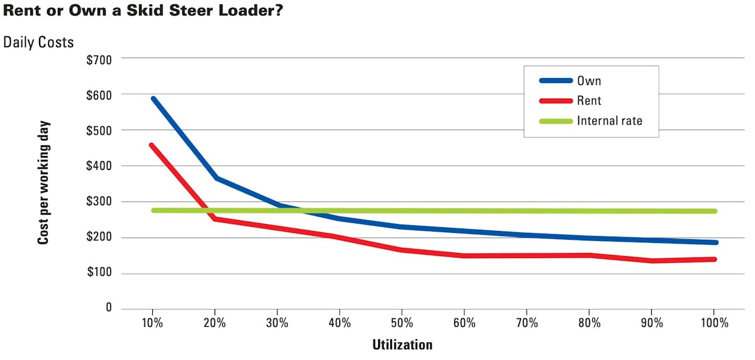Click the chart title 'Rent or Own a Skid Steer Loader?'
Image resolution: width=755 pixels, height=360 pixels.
click(142, 11)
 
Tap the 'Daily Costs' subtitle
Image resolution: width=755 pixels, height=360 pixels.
click(38, 42)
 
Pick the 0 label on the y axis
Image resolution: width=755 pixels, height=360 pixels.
click(108, 308)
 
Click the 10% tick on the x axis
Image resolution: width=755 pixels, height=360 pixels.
click(152, 323)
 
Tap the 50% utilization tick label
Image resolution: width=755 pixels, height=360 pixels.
click(402, 323)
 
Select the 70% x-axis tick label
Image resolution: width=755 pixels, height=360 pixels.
click(527, 323)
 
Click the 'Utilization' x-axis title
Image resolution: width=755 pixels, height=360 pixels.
click(402, 344)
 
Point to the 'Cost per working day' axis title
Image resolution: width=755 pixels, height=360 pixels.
click(43, 183)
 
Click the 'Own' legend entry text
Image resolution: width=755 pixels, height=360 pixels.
click(589, 81)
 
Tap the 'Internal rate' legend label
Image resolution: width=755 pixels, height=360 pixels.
click(609, 120)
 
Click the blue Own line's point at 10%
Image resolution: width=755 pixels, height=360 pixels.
click(153, 99)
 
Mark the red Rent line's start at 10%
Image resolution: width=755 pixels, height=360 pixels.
click(152, 145)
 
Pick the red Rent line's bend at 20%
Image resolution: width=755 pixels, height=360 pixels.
click(215, 219)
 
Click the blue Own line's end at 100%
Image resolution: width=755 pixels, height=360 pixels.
click(715, 242)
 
